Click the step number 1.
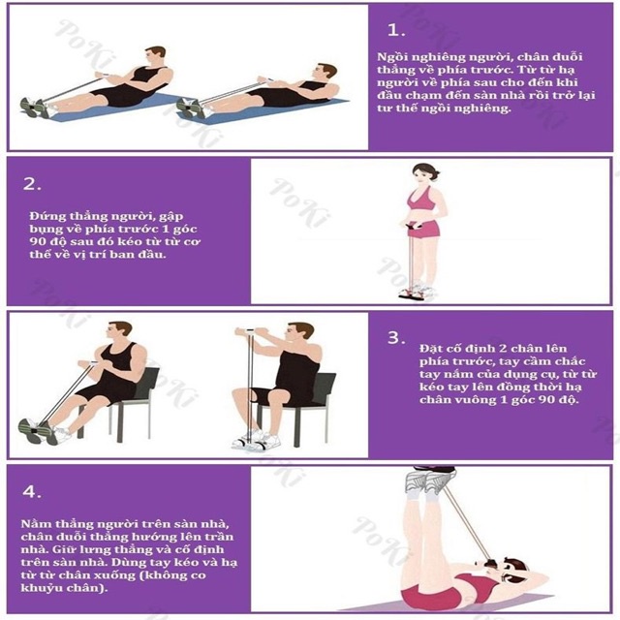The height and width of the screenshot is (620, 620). [396, 30]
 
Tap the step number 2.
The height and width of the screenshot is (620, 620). [32, 184]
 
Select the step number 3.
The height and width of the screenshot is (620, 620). [396, 338]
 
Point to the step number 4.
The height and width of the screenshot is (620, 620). [32, 491]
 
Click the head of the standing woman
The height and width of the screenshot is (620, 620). [423, 173]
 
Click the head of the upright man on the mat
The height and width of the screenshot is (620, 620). [155, 56]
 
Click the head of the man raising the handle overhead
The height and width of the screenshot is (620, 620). [300, 333]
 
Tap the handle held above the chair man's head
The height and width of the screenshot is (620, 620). [250, 330]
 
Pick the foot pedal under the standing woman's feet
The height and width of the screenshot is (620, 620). [417, 294]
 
